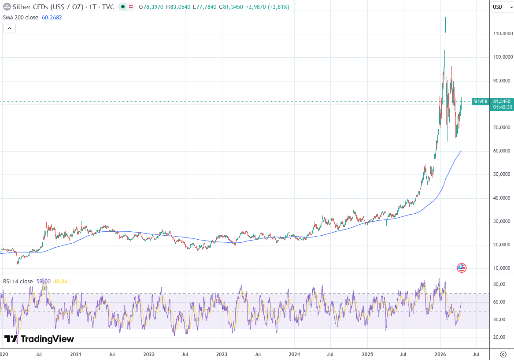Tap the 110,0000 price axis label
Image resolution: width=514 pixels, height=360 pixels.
click(x=502, y=34)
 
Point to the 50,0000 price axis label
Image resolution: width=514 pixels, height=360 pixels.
click(x=502, y=174)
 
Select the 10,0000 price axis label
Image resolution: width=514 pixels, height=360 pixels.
click(x=502, y=268)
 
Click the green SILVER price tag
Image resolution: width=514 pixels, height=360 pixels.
click(x=481, y=101)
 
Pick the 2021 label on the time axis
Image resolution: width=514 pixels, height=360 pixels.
click(x=76, y=354)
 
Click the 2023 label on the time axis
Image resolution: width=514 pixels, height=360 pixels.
click(x=222, y=354)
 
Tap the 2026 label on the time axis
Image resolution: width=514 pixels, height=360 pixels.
click(x=440, y=354)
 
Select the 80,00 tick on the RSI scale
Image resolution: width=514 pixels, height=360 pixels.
click(x=499, y=285)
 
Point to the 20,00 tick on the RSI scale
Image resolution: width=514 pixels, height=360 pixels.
click(x=499, y=338)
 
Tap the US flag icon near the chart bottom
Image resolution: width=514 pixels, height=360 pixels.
click(x=462, y=267)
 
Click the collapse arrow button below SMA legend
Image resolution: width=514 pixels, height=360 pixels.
click(x=10, y=29)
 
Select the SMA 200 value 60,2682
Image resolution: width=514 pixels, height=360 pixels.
click(x=52, y=18)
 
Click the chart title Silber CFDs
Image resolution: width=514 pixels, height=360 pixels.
click(x=33, y=7)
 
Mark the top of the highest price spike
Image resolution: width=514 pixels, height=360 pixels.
click(x=446, y=7)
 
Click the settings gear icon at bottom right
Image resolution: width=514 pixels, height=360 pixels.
click(x=503, y=354)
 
